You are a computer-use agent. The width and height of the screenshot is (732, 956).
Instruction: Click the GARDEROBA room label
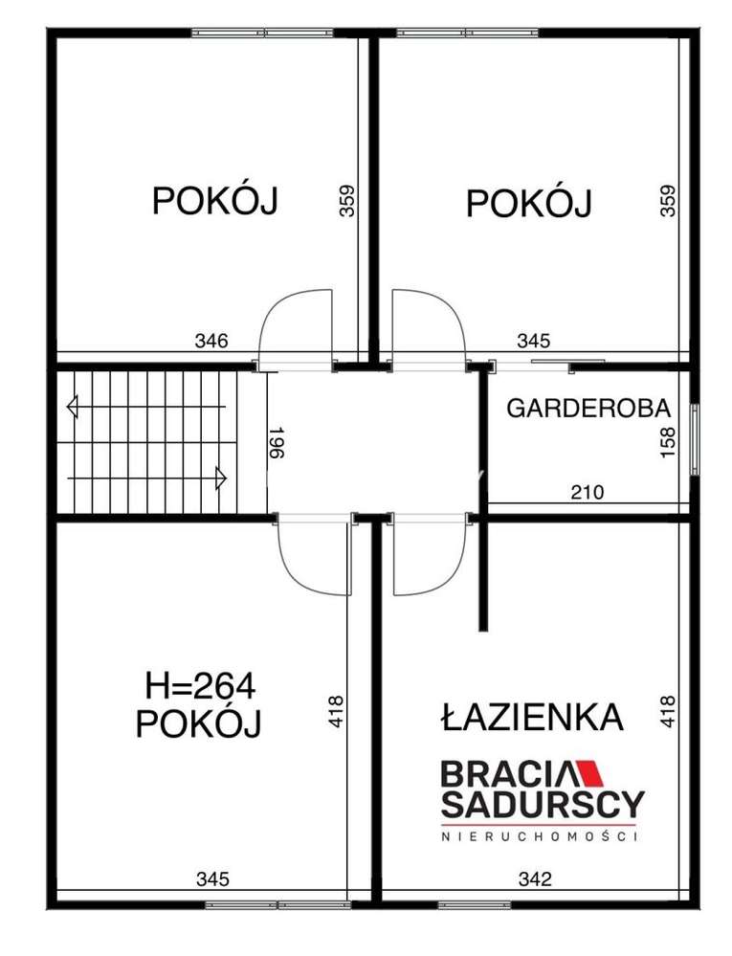point(588,409)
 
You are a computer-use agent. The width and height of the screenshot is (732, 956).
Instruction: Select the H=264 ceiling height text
point(201,686)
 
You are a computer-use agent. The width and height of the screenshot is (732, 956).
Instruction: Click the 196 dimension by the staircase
point(276,444)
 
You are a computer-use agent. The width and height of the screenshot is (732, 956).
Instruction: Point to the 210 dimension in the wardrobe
point(588,493)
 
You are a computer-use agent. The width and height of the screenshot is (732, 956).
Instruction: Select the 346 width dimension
point(211,340)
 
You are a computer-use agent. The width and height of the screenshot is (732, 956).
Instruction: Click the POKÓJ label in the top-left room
point(214,202)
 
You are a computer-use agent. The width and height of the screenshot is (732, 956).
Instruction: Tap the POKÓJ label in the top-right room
point(528,204)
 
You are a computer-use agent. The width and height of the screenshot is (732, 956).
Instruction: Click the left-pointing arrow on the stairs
point(73,408)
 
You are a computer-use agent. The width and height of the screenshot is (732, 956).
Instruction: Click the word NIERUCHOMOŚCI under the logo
point(541,837)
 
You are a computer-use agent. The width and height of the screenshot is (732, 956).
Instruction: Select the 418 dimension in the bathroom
point(668,713)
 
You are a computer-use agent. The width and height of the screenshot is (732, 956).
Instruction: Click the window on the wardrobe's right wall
point(695,434)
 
